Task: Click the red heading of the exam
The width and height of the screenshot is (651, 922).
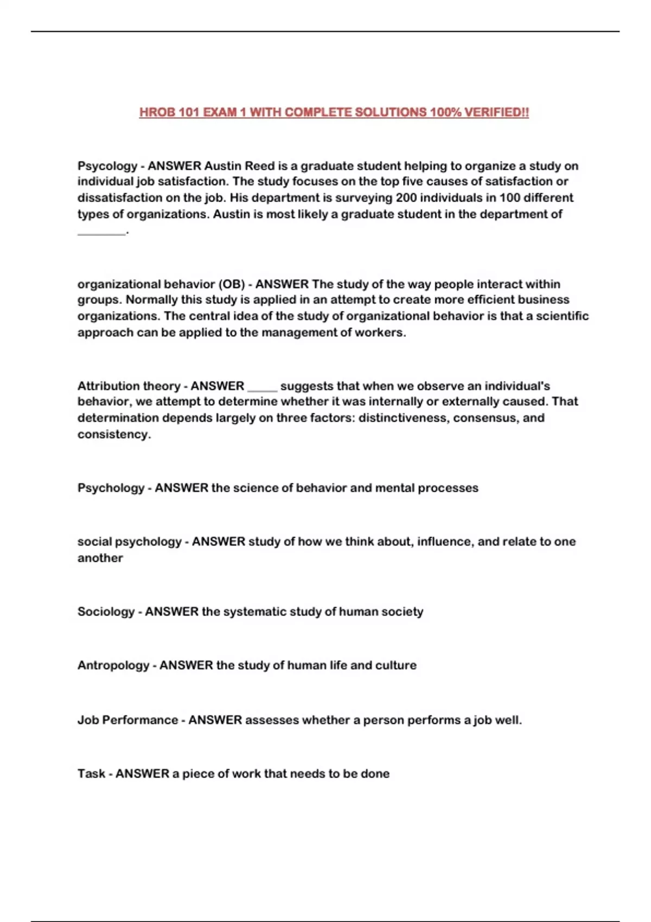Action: pyautogui.click(x=334, y=112)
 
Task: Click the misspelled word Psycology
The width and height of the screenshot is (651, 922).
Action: pyautogui.click(x=107, y=166)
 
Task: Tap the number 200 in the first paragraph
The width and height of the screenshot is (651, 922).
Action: pyautogui.click(x=406, y=197)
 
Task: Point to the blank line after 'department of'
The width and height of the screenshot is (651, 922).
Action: pyautogui.click(x=101, y=232)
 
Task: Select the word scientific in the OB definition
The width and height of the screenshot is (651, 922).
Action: pyautogui.click(x=562, y=316)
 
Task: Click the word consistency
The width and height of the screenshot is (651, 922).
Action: pyautogui.click(x=113, y=434)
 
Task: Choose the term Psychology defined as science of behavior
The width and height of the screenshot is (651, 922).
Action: pyautogui.click(x=111, y=488)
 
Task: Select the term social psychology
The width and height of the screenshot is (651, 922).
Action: pyautogui.click(x=129, y=542)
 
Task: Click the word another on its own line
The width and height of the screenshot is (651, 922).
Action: pyautogui.click(x=100, y=558)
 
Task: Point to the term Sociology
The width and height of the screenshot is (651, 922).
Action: pyautogui.click(x=106, y=612)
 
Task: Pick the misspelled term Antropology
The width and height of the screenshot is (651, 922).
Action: pyautogui.click(x=113, y=665)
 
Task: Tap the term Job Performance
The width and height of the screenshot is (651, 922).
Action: pyautogui.click(x=127, y=720)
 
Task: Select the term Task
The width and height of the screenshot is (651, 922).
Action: pyautogui.click(x=91, y=774)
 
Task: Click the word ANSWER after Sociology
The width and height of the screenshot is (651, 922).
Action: pyautogui.click(x=171, y=612)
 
